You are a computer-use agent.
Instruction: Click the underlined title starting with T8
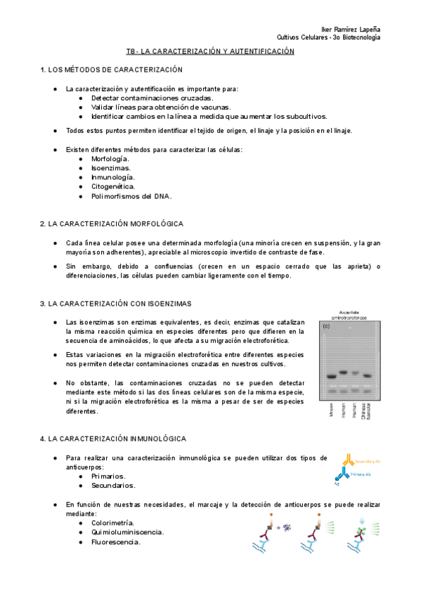tap(210, 51)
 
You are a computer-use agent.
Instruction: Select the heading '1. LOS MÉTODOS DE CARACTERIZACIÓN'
tap(112, 70)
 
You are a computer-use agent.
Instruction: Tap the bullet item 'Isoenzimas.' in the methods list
tap(110, 168)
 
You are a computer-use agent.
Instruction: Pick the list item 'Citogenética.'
tap(113, 186)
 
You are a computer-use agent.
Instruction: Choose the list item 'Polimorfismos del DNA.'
tap(131, 196)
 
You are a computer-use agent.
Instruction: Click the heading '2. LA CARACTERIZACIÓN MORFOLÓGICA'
tap(112, 223)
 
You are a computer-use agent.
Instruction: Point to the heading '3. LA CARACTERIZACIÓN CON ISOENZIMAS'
tap(116, 303)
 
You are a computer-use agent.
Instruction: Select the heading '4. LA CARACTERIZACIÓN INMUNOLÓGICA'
tap(114, 438)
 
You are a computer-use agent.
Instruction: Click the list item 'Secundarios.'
tap(113, 485)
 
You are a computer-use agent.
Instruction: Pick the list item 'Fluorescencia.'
tap(115, 542)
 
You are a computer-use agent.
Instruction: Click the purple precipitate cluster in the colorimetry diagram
tap(286, 527)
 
